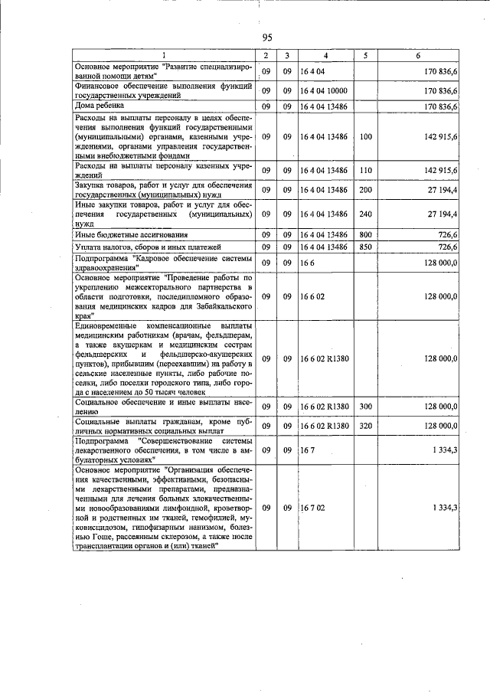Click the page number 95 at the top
coord(267,38)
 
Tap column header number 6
coord(417,56)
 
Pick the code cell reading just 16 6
coord(307,263)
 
